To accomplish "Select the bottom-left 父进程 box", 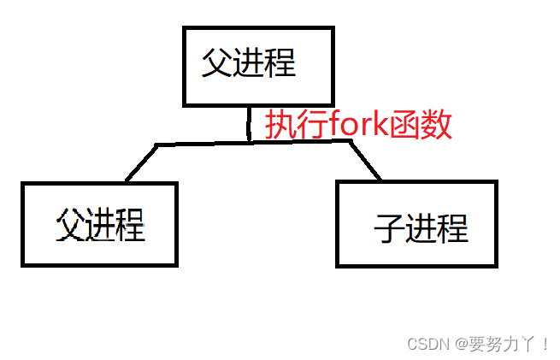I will pyautogui.click(x=99, y=223).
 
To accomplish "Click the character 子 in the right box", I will pyautogui.click(x=389, y=229).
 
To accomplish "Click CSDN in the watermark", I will pyautogui.click(x=427, y=344).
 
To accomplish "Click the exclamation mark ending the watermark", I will pyautogui.click(x=545, y=344).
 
